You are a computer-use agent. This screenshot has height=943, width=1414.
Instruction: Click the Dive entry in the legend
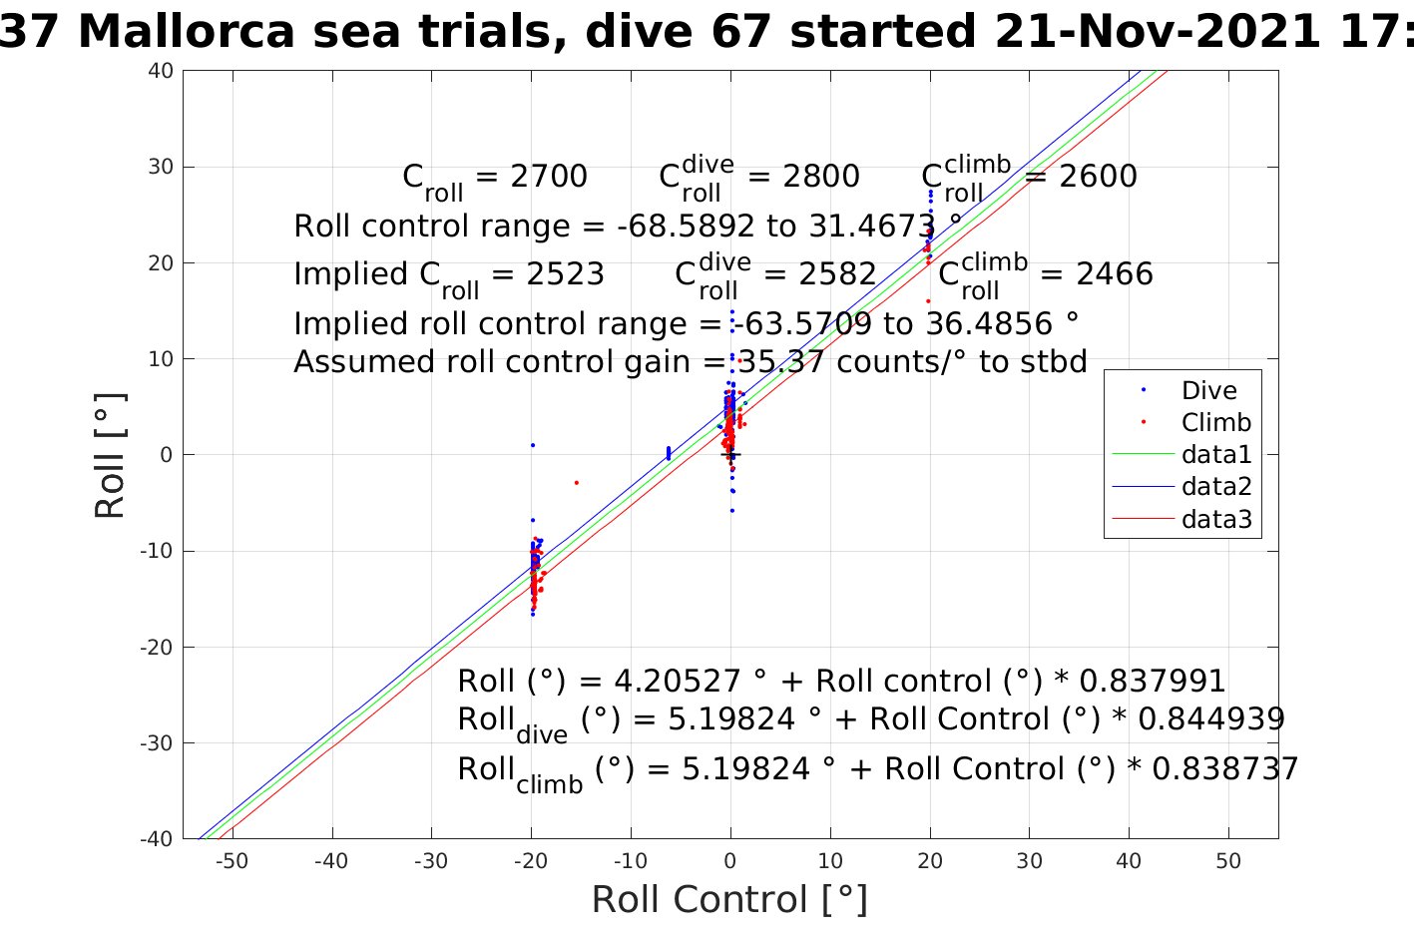tap(1208, 391)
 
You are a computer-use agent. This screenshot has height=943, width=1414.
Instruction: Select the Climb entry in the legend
tap(1215, 423)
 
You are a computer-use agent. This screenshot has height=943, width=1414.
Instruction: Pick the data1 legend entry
tap(1215, 455)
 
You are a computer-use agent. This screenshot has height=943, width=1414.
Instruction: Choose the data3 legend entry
tap(1215, 519)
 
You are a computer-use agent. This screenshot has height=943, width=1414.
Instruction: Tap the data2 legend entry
tap(1215, 487)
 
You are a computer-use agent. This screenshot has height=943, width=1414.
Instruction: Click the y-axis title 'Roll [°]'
tap(111, 456)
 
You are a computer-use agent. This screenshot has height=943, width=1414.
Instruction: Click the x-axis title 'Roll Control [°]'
tap(729, 899)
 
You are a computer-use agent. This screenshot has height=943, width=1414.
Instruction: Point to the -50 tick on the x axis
tap(232, 861)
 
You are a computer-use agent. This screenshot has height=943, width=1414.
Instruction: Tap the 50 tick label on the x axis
tap(1228, 861)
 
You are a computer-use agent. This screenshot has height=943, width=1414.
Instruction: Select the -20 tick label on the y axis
tap(157, 647)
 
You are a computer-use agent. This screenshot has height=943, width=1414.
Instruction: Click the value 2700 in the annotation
tap(548, 177)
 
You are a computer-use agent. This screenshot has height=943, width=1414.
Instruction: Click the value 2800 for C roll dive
tap(820, 177)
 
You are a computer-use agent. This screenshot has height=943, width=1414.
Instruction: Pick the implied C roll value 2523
tap(565, 274)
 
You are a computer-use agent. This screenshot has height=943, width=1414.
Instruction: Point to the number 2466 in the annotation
tap(1114, 274)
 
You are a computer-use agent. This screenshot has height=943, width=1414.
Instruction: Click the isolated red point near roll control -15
tap(576, 483)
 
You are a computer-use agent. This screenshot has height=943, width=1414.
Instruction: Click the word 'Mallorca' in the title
tap(187, 33)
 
